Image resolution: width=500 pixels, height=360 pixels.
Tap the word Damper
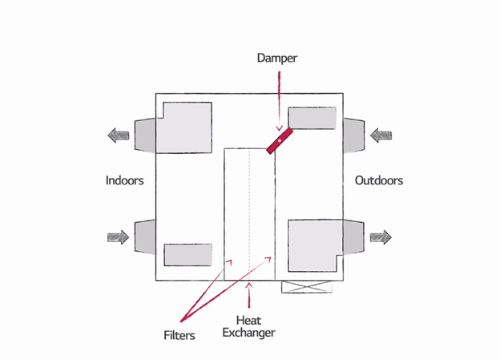[278, 59]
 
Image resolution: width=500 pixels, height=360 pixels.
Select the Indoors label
[124, 180]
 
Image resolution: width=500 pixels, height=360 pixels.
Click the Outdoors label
[378, 180]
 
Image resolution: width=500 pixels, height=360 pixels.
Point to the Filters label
[177, 335]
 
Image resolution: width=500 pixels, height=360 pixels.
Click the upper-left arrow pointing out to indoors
[119, 135]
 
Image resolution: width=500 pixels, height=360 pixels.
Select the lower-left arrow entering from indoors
[119, 237]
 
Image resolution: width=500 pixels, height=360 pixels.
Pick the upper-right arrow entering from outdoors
[381, 135]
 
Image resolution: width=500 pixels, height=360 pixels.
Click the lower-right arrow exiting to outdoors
[381, 237]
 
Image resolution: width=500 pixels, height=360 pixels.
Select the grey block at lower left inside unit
[187, 254]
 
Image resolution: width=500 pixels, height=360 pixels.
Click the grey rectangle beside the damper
[312, 118]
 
